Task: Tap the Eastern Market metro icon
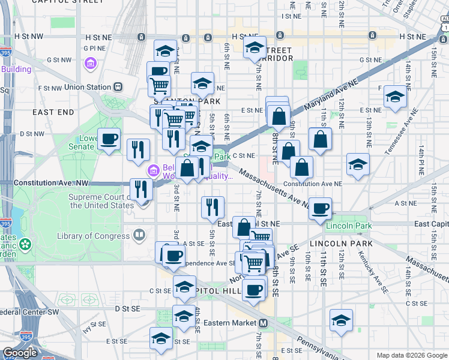[x=263, y=323]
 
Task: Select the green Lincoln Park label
[x=348, y=226]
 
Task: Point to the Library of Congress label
[x=93, y=236]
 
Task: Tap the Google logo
[x=20, y=353]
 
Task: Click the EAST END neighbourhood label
[x=53, y=112]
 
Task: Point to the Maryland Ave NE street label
[x=328, y=97]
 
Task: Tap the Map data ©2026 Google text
[x=411, y=355]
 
